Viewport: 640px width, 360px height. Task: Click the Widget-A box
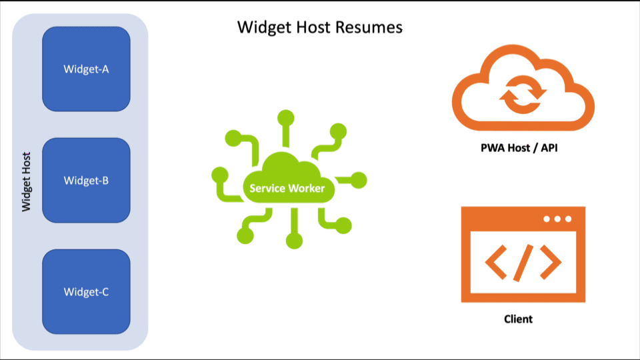(x=86, y=69)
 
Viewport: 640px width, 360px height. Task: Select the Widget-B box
(x=86, y=180)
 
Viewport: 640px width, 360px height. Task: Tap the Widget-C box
(x=86, y=291)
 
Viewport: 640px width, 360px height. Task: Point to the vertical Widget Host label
(x=27, y=180)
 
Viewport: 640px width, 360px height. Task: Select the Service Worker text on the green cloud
(x=287, y=189)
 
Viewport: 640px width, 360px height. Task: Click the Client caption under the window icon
(x=518, y=319)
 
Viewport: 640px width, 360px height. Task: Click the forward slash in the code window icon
(x=523, y=262)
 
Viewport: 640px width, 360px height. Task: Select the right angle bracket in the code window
(x=550, y=262)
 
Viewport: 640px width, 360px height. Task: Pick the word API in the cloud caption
(x=548, y=147)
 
